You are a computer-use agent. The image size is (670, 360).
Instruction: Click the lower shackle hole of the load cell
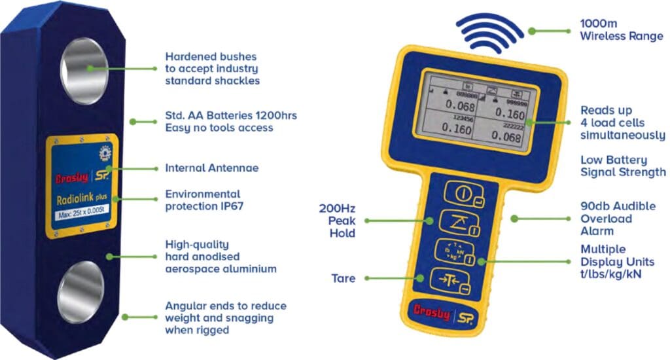[x=80, y=292]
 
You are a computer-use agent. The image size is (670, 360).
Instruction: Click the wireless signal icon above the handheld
[x=490, y=31]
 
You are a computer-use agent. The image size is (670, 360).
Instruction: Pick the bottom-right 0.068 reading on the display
[x=508, y=137]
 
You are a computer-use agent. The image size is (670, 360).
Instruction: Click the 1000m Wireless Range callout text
[x=621, y=30]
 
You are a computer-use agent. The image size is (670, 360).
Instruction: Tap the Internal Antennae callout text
[x=211, y=168]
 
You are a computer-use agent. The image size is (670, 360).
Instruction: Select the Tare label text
[x=344, y=278]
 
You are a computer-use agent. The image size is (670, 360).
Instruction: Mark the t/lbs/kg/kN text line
[x=610, y=274]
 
